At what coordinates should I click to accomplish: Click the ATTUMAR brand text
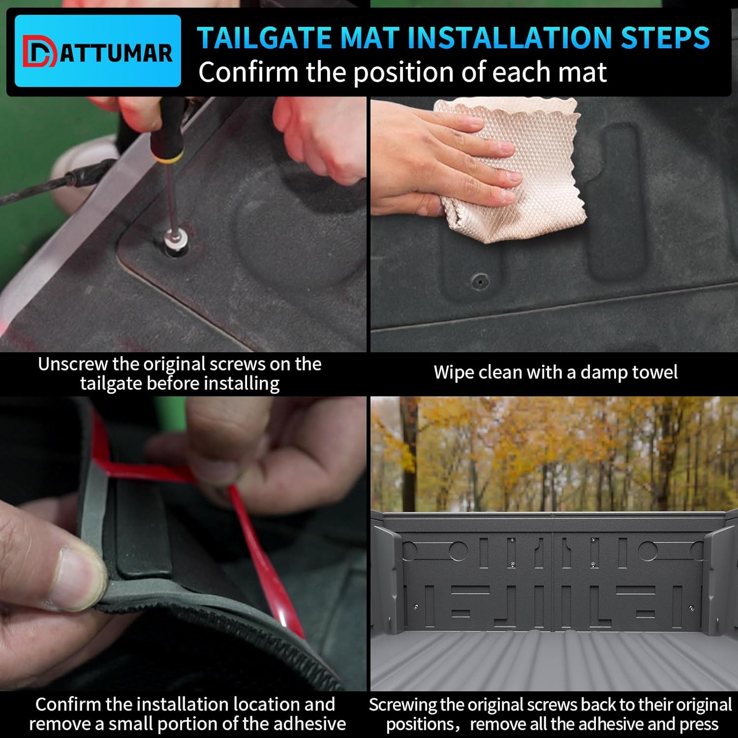pos(116,53)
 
